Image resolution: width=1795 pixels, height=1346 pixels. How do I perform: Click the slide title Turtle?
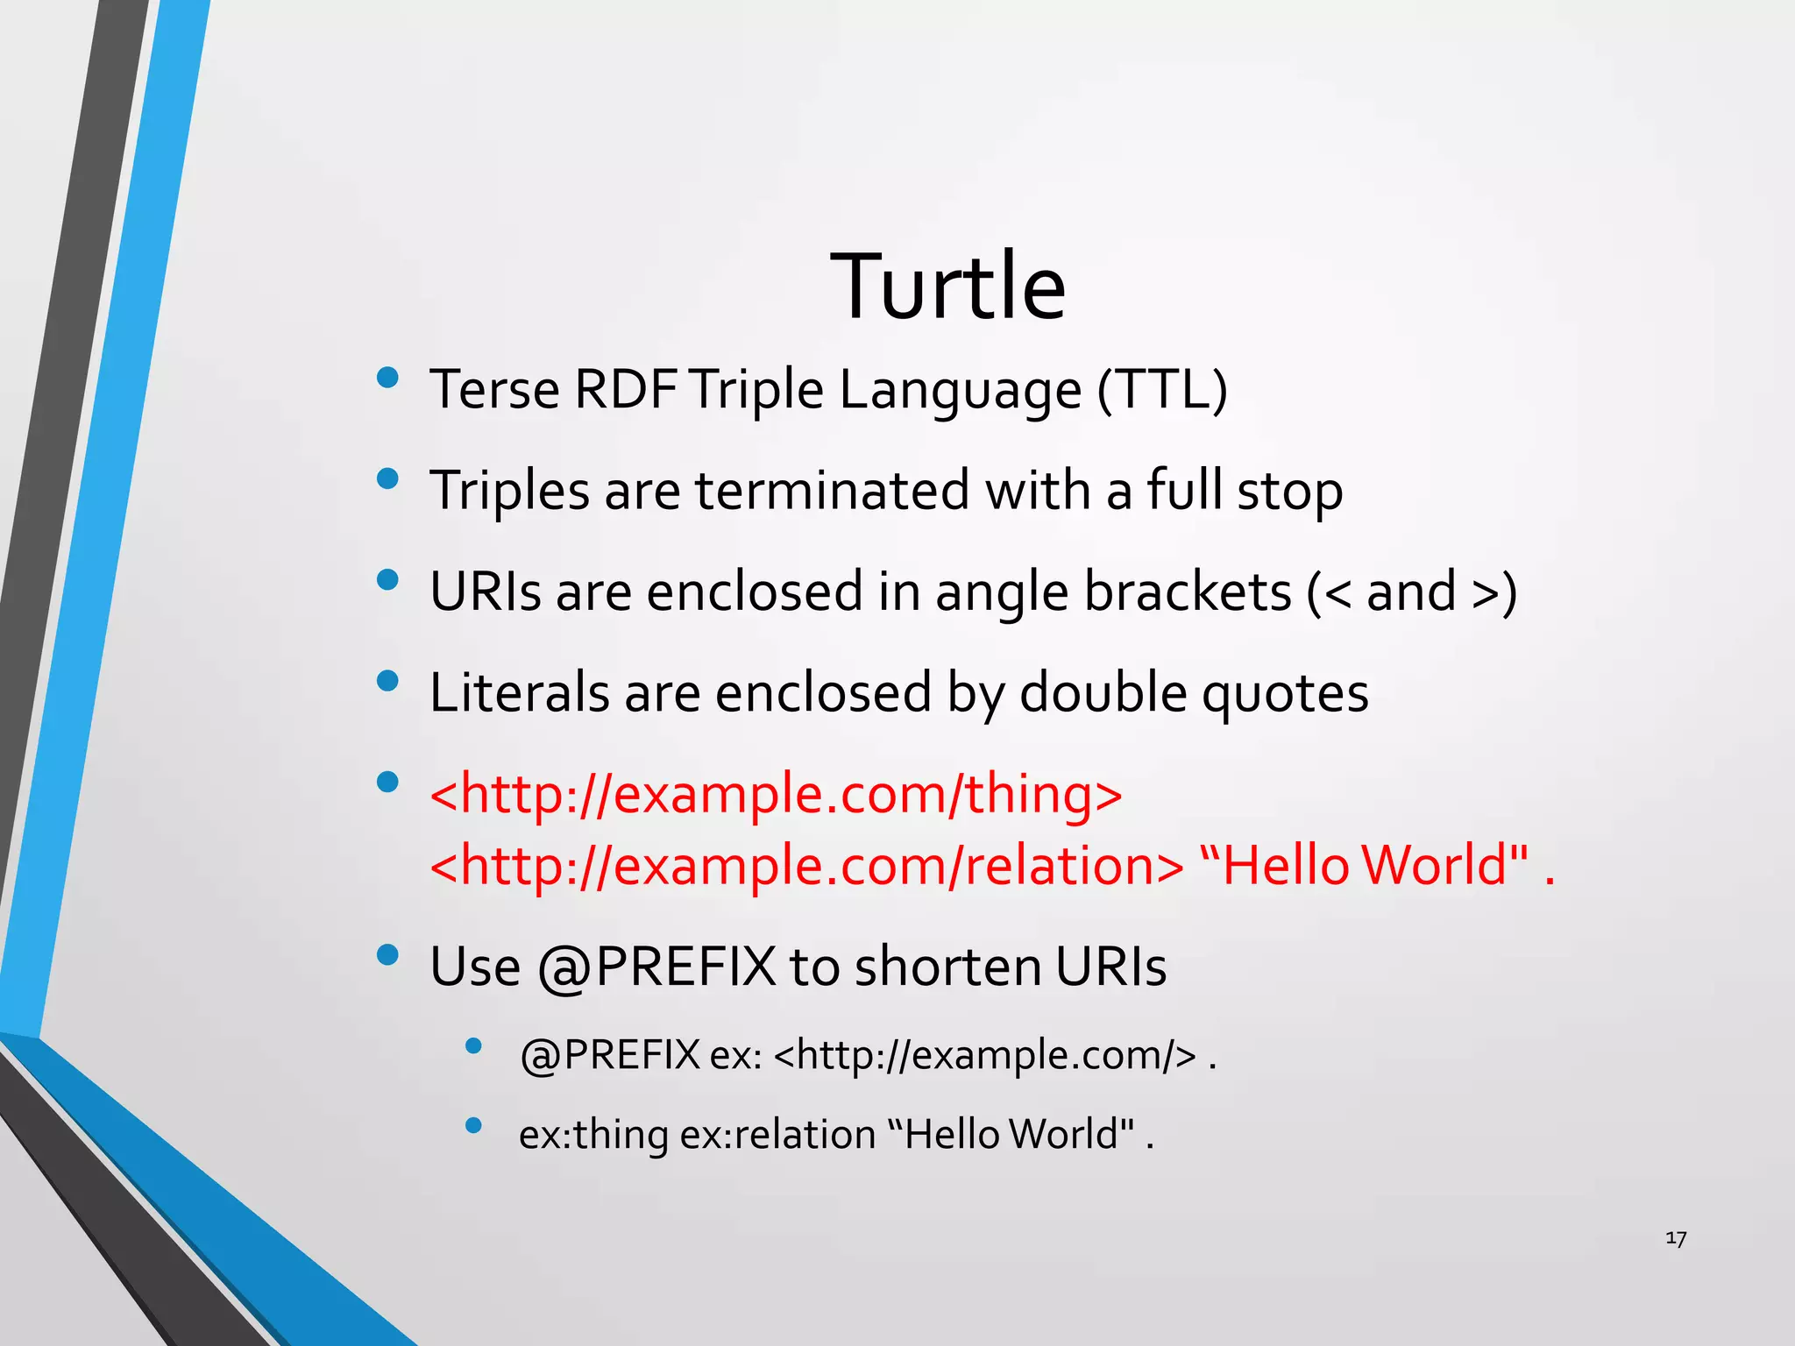947,287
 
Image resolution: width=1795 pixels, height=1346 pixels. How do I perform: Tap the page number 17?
1675,1238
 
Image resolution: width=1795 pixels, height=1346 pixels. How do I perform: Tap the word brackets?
1188,592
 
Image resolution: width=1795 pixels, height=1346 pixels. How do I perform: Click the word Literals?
519,692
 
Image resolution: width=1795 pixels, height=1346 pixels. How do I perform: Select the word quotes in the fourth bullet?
1284,694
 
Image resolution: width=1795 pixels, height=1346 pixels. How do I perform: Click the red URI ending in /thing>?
776,794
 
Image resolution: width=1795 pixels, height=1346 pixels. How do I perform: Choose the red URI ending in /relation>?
806,866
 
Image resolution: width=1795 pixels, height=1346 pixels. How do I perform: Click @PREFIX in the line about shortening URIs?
656,967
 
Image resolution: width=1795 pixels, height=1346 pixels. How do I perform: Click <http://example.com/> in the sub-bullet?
985,1055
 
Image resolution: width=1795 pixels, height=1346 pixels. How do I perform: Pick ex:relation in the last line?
777,1135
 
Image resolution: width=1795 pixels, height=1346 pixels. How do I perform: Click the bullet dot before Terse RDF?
387,378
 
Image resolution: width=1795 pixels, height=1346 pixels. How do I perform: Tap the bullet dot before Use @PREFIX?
387,954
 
